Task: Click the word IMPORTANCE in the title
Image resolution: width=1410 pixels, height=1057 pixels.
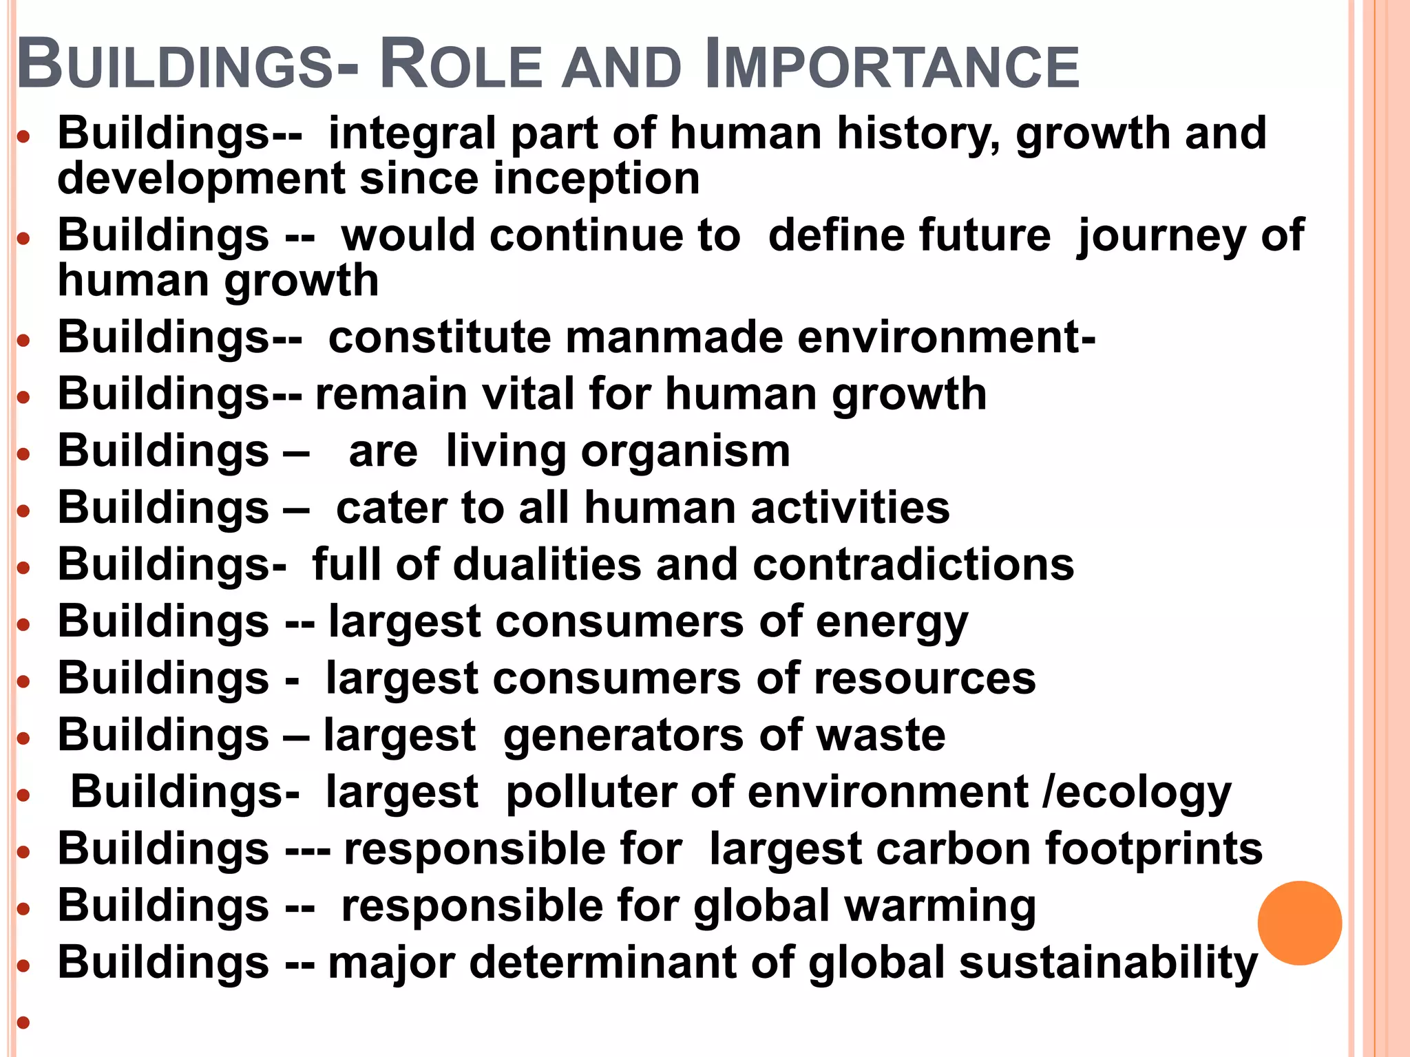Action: (892, 65)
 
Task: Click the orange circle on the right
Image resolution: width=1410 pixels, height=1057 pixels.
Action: (1299, 923)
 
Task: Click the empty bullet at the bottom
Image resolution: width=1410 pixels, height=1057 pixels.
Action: (24, 1022)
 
